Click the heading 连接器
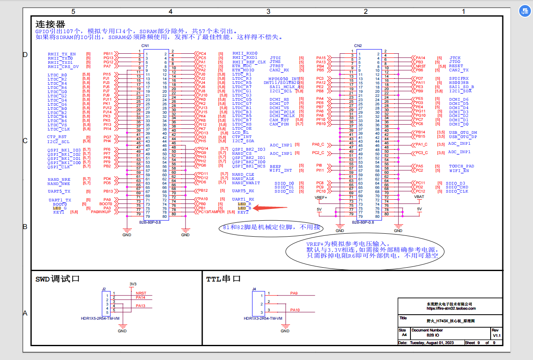[x=50, y=24]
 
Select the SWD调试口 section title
[x=57, y=279]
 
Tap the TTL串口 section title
[x=223, y=279]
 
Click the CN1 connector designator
[x=145, y=46]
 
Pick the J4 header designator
[x=254, y=289]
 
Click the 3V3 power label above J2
[x=133, y=284]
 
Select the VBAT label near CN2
[x=419, y=196]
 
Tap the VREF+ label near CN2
[x=321, y=197]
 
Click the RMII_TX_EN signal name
[x=62, y=54]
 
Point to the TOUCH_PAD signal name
[x=461, y=167]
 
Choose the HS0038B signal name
[x=459, y=83]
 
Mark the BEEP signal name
[x=275, y=167]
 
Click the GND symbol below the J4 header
[x=285, y=331]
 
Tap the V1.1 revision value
[x=496, y=336]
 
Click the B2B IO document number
[x=433, y=336]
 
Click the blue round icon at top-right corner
[x=525, y=11]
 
